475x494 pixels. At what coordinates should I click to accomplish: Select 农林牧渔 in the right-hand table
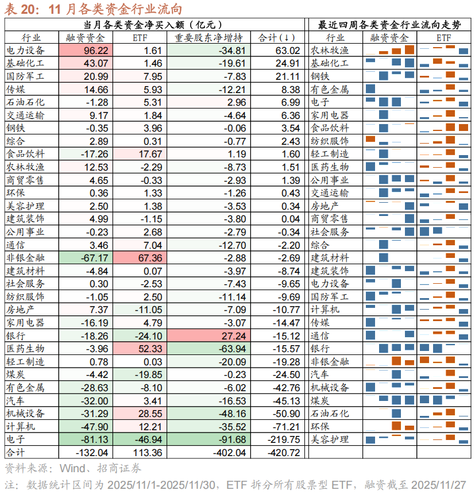pyautogui.click(x=330, y=51)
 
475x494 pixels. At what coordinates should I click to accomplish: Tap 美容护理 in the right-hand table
pyautogui.click(x=330, y=439)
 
